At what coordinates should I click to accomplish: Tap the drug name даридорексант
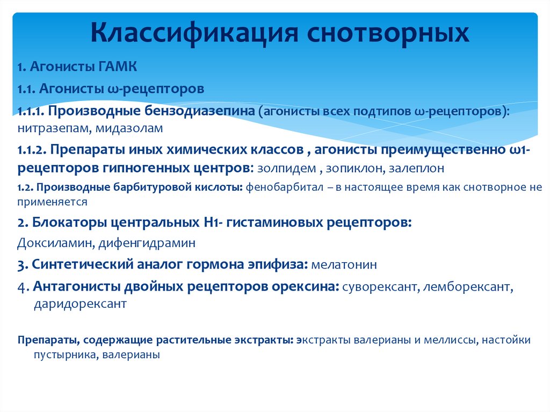[x=80, y=303]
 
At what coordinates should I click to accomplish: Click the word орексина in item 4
[x=304, y=286]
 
